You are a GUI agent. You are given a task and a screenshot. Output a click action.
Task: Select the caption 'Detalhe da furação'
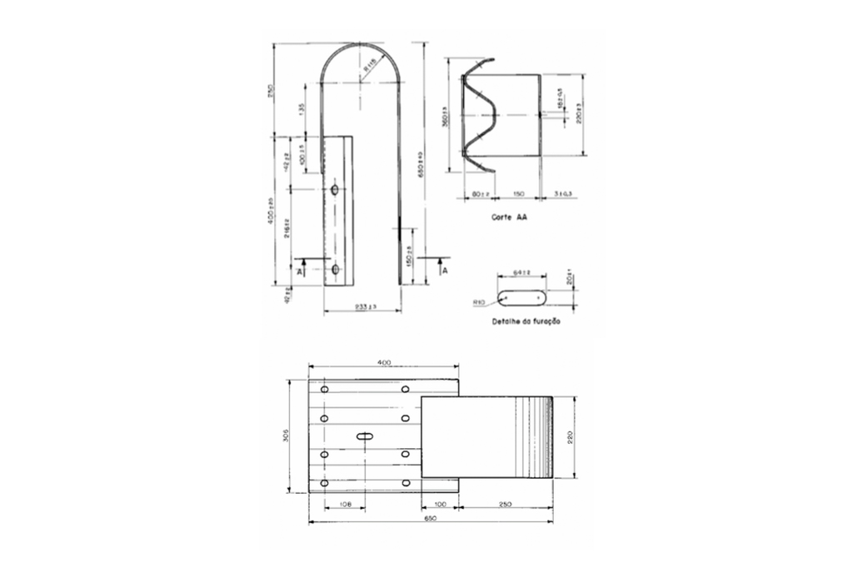pyautogui.click(x=526, y=321)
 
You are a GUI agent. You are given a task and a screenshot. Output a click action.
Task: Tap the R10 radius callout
pyautogui.click(x=478, y=302)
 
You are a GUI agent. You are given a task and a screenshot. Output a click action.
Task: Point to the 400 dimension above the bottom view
pyautogui.click(x=384, y=363)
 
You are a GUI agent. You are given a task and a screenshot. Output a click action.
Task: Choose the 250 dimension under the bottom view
pyautogui.click(x=505, y=505)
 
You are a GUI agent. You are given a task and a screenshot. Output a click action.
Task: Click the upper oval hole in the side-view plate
pyautogui.click(x=334, y=191)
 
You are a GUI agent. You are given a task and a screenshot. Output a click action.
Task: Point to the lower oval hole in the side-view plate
pyautogui.click(x=334, y=269)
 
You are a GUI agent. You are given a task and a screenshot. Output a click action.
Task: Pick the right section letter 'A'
pyautogui.click(x=445, y=271)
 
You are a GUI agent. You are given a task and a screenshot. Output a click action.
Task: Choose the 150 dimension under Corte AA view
pyautogui.click(x=517, y=194)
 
